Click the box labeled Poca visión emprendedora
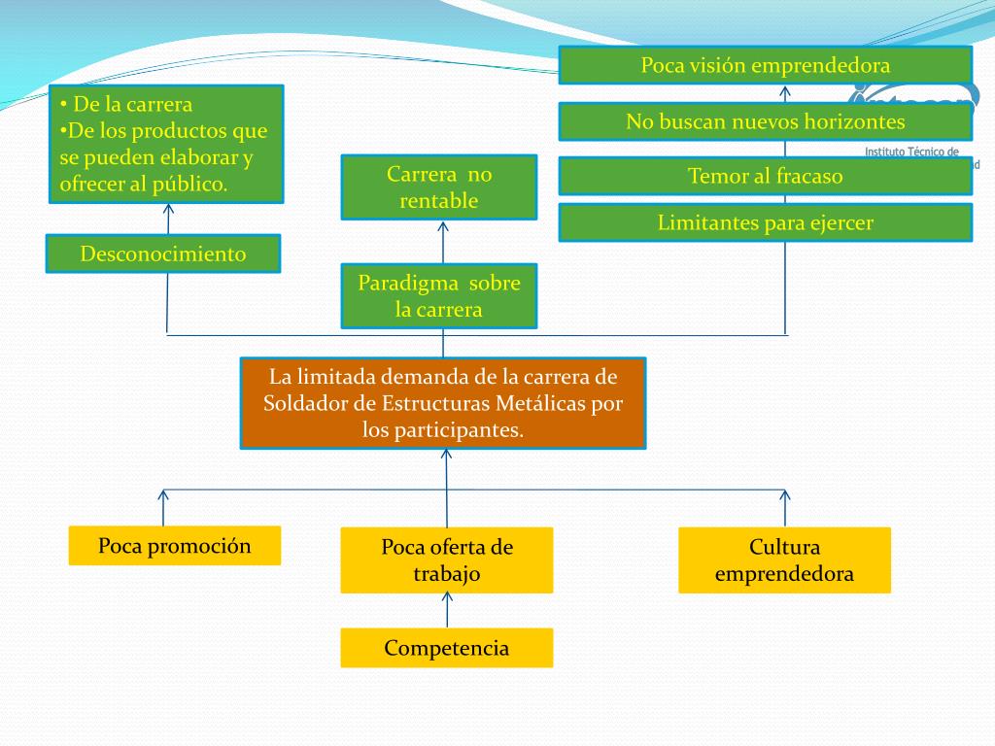(x=765, y=66)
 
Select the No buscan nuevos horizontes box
(x=765, y=122)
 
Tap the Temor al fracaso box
(x=765, y=177)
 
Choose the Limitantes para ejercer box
(x=765, y=223)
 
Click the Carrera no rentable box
(x=438, y=187)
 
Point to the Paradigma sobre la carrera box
(x=438, y=296)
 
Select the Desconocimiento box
(x=163, y=254)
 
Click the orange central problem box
(x=443, y=403)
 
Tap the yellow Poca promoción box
(x=175, y=546)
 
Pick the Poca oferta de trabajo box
(x=447, y=559)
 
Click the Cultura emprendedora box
(x=784, y=559)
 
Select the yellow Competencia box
(x=447, y=648)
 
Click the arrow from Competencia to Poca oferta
(x=447, y=610)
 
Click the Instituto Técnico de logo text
(x=911, y=153)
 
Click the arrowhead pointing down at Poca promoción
(x=163, y=496)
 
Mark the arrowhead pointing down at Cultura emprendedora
(x=784, y=495)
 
